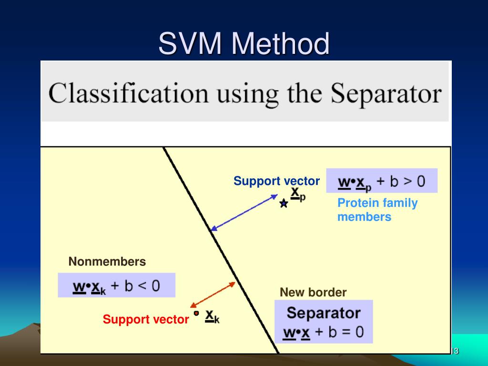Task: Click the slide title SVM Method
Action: [244, 44]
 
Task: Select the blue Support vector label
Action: [276, 181]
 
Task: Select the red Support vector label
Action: [146, 319]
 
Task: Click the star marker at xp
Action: [284, 204]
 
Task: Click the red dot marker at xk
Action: [196, 313]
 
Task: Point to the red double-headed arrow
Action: [213, 295]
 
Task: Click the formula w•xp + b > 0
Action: [381, 182]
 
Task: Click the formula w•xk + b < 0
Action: [116, 286]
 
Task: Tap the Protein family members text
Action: [377, 210]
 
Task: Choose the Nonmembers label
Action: [107, 262]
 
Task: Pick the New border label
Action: [313, 292]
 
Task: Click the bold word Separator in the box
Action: [324, 313]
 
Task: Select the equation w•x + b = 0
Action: [324, 332]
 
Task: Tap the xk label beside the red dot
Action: [212, 316]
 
